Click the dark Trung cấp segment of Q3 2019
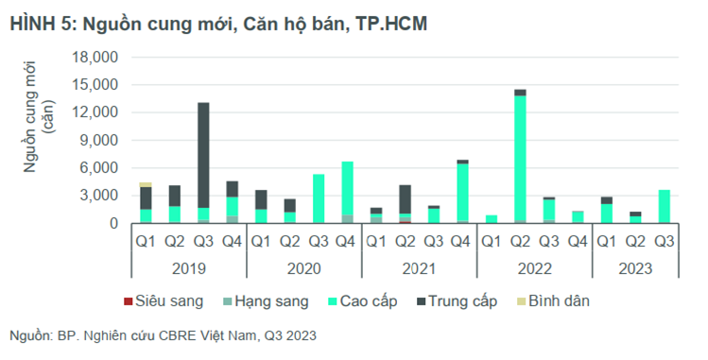(203, 155)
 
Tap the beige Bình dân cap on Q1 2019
(146, 184)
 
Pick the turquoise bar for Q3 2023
(665, 207)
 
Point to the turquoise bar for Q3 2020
(319, 198)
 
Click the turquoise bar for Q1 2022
(492, 219)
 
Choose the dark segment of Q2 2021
(405, 199)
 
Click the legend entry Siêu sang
(164, 300)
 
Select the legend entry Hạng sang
(266, 300)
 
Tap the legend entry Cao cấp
(363, 300)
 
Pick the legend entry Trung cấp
(457, 300)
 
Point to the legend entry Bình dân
(554, 300)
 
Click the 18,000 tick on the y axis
(95, 58)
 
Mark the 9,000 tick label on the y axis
(99, 140)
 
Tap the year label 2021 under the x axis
(419, 269)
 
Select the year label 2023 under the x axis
(635, 269)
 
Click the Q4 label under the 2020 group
(345, 242)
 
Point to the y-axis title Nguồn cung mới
(30, 117)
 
